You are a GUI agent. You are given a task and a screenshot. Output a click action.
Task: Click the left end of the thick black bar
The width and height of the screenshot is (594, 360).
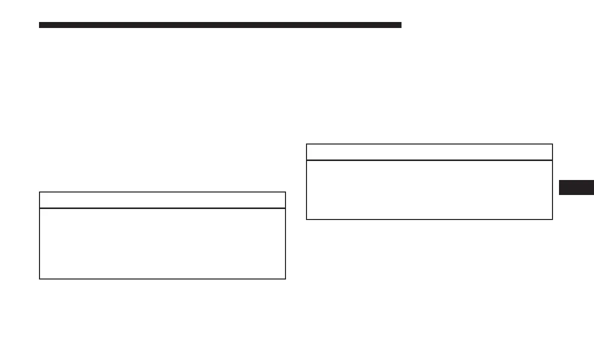(x=40, y=25)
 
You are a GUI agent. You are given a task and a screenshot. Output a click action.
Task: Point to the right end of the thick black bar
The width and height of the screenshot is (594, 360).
(x=400, y=25)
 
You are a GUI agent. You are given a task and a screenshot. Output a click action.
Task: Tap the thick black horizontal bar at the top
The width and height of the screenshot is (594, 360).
(x=220, y=25)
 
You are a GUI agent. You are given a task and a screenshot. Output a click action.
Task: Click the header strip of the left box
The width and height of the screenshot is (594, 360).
(x=162, y=200)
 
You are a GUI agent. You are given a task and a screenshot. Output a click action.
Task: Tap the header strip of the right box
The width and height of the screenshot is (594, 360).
(x=429, y=152)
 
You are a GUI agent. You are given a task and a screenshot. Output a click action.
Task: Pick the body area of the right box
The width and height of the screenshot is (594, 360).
(x=429, y=189)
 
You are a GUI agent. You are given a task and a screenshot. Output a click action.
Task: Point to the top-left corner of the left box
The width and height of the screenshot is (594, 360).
(x=39, y=192)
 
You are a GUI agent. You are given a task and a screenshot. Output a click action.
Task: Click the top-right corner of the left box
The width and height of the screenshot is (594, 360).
(x=285, y=192)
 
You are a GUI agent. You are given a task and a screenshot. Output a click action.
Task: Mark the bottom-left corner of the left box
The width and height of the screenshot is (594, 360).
(x=39, y=278)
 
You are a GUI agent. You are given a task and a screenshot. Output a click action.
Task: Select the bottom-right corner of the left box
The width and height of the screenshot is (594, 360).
(x=285, y=278)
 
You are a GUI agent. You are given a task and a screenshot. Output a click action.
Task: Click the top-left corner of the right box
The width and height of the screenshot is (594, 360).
(x=306, y=144)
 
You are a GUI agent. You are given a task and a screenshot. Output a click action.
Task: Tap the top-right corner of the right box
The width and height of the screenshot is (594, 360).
(x=552, y=144)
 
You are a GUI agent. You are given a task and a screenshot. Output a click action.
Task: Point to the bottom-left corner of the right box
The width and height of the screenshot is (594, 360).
(x=306, y=219)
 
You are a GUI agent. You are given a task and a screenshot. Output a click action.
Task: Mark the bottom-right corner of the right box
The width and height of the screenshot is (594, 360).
(x=552, y=219)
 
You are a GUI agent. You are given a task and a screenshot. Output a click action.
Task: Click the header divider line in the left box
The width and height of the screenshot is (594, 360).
(x=162, y=208)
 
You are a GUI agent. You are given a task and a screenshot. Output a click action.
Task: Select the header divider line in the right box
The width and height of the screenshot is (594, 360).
(x=429, y=160)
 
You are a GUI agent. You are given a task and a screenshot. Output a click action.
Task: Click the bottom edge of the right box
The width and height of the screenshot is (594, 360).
(x=429, y=219)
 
